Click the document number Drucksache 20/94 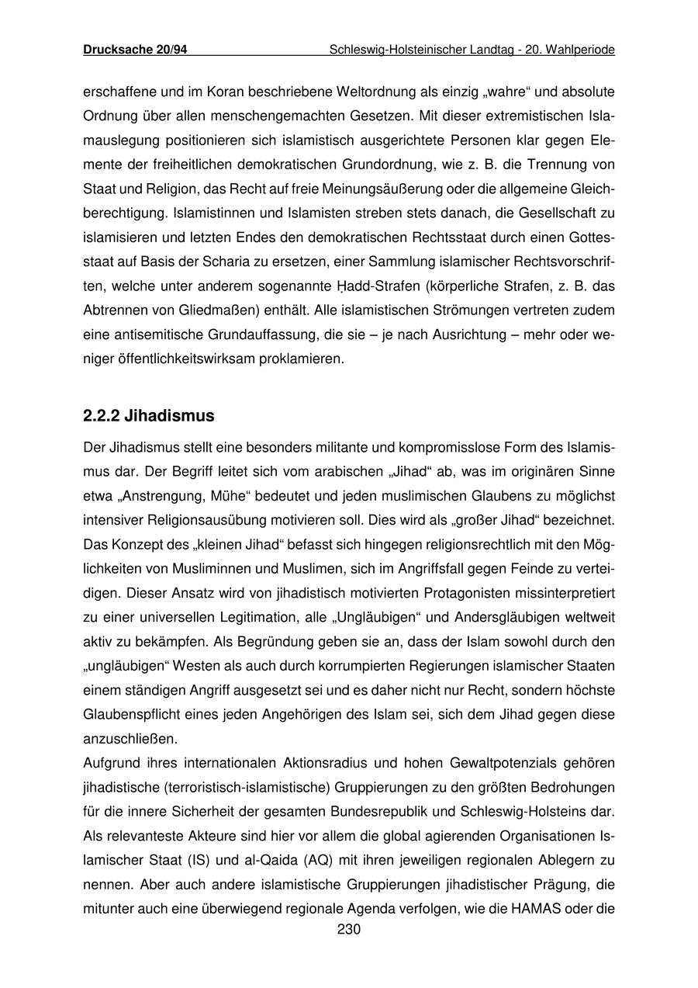tap(135, 50)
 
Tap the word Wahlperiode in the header tap(581, 50)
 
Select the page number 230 tap(349, 929)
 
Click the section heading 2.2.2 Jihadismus tap(148, 416)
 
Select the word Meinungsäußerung tap(345, 189)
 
